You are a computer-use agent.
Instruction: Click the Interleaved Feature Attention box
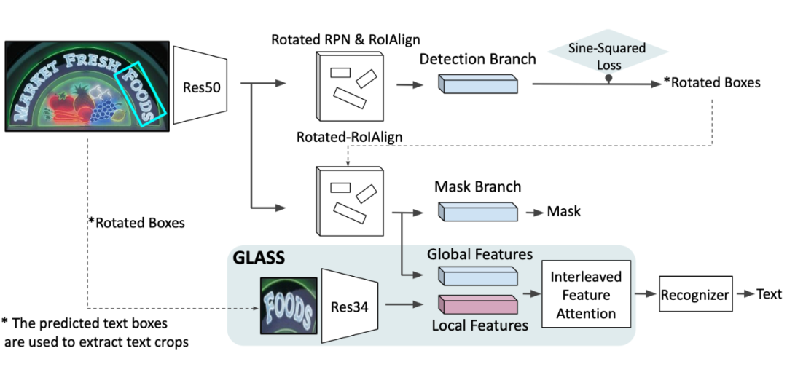(x=586, y=296)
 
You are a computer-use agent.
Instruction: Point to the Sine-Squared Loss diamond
(x=608, y=57)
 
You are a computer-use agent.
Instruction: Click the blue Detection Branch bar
(x=478, y=84)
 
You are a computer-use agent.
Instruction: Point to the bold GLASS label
(x=259, y=257)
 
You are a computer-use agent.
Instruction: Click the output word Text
(x=769, y=294)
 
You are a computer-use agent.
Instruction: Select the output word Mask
(x=564, y=211)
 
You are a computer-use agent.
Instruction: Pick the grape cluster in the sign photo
(x=106, y=111)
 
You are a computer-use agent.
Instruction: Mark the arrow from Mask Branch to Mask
(x=532, y=211)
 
